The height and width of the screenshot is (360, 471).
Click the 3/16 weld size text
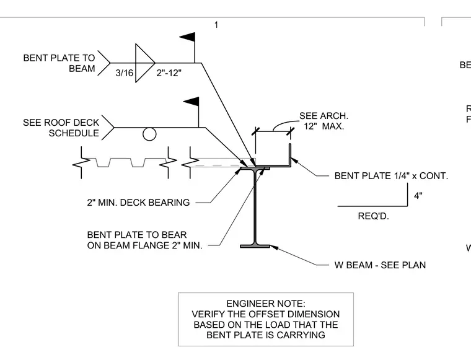pos(125,73)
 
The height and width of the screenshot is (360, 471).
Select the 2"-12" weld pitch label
pos(169,73)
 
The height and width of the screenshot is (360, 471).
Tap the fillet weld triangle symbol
pos(145,63)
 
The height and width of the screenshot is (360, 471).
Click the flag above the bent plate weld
pos(187,38)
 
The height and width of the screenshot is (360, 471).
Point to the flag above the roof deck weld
pos(191,102)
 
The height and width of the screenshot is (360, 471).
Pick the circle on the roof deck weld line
pos(149,134)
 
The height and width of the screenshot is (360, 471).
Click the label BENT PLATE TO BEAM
pos(59,63)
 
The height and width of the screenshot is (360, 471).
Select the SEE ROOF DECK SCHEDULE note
pos(61,128)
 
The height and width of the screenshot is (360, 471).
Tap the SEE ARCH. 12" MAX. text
pos(324,121)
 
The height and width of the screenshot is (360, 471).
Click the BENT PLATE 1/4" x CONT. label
pos(391,175)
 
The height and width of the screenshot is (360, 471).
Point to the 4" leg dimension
pos(418,196)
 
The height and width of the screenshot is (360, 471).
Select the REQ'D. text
pos(373,216)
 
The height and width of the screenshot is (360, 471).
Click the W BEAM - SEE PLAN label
pos(380,265)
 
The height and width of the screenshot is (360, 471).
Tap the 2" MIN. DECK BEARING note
pos(138,203)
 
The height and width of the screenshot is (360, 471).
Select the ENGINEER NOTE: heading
pos(265,304)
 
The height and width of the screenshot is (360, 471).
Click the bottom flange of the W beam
pos(255,246)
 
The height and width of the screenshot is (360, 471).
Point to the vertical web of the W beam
pos(255,207)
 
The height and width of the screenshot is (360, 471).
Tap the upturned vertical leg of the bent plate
pos(290,155)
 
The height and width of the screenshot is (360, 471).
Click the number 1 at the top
pos(216,25)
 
